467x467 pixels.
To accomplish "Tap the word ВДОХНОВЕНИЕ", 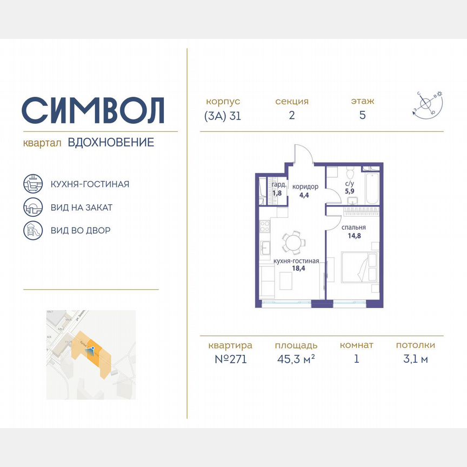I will (111, 143).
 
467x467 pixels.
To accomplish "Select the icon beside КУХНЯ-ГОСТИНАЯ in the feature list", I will (33, 184).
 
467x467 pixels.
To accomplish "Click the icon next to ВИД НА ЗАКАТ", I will (33, 207).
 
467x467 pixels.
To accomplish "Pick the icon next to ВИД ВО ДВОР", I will (33, 230).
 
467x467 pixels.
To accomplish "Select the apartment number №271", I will (230, 359).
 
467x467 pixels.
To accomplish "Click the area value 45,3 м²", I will (295, 359).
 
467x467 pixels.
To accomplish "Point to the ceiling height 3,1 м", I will (415, 359).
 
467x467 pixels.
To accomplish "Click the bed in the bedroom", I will (359, 267).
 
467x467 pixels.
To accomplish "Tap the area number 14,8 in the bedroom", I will (355, 236).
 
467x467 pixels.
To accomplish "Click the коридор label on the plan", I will (305, 186).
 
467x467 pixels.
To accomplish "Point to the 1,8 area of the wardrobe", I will (277, 192).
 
